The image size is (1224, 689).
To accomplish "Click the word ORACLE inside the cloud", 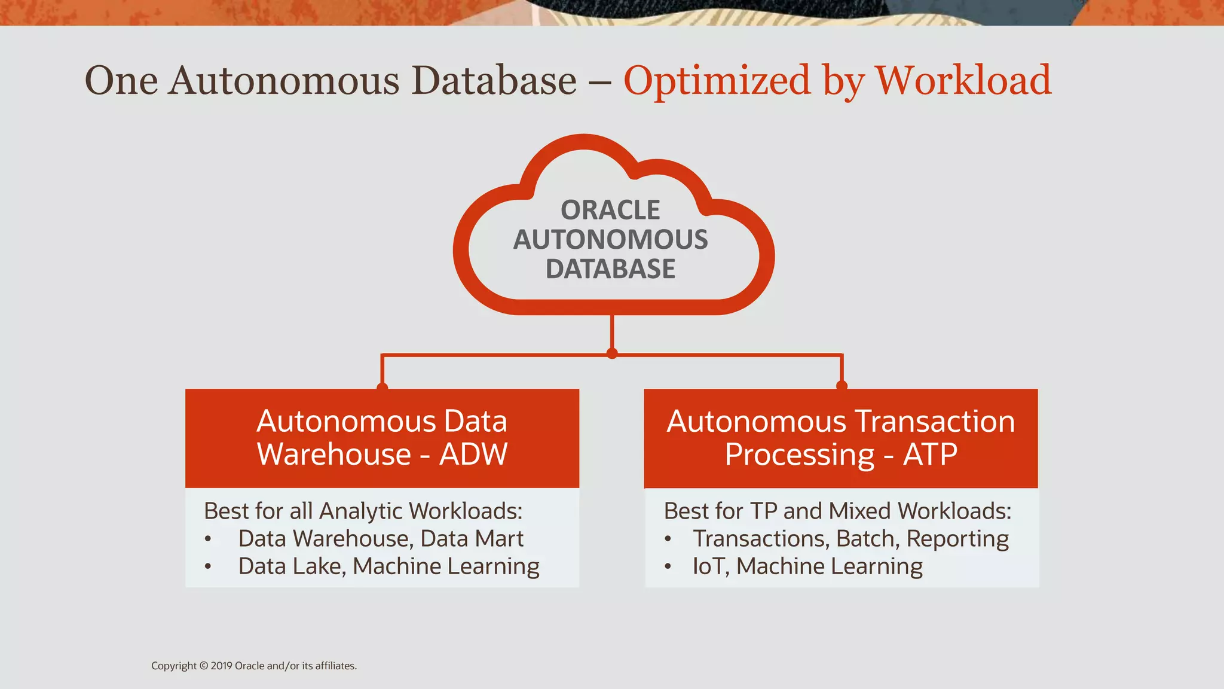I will [x=610, y=210].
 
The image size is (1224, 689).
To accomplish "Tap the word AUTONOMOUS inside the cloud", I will [x=610, y=239].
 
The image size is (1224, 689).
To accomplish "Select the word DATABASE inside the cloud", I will [x=610, y=269].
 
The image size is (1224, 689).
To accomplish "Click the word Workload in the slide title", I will [x=963, y=80].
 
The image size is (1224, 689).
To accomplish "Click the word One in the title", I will [x=121, y=80].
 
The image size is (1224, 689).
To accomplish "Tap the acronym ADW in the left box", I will [x=473, y=454].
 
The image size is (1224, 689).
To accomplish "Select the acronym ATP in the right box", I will [x=930, y=454].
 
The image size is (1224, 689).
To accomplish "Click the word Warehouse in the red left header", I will [x=334, y=454].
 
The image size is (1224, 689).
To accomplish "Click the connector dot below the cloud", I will [x=611, y=353].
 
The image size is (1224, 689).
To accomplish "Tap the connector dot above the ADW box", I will [x=382, y=386].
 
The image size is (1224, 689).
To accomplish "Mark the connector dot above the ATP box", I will [x=841, y=385].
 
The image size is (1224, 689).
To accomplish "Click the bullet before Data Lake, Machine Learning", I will [x=207, y=566].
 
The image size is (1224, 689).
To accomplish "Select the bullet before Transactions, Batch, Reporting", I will [x=668, y=539].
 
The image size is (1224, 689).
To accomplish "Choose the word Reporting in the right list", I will [x=957, y=539].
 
